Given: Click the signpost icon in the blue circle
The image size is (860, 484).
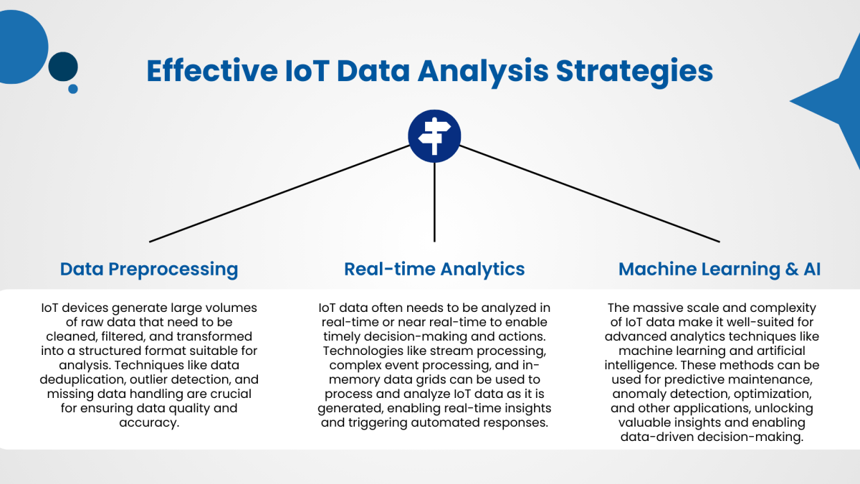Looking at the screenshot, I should point(434,134).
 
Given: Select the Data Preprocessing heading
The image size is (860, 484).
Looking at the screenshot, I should point(149,270).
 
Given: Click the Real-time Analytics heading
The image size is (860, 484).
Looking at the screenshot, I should point(434,270).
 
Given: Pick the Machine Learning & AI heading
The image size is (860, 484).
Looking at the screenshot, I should point(720,270).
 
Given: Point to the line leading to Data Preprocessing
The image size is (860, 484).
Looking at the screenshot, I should point(279,193).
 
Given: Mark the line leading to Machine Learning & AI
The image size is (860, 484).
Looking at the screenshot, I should point(588,193).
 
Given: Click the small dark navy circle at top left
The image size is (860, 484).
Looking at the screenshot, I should point(63,66).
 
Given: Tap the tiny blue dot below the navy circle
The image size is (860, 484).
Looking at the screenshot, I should point(73,89).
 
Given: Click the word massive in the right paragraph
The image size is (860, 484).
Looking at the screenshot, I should point(658,308).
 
